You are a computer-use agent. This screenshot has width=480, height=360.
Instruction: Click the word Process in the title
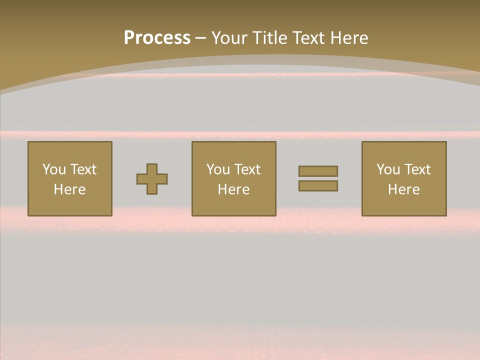[x=157, y=38]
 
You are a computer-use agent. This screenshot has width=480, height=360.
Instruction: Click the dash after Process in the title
[x=201, y=38]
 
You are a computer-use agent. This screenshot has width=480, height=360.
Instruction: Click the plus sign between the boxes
[x=152, y=179]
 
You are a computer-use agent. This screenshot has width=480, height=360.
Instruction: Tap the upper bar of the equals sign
[x=318, y=171]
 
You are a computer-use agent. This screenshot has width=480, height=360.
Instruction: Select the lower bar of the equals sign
[x=318, y=185]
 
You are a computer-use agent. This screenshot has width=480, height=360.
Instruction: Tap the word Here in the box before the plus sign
[x=69, y=189]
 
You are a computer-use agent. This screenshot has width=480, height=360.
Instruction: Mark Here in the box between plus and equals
[x=233, y=189]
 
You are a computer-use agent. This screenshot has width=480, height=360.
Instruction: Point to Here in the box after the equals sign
[x=403, y=189]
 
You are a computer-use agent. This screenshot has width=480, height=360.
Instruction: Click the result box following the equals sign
[x=404, y=205]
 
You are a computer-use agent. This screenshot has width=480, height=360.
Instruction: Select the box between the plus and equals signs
[x=234, y=205]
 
